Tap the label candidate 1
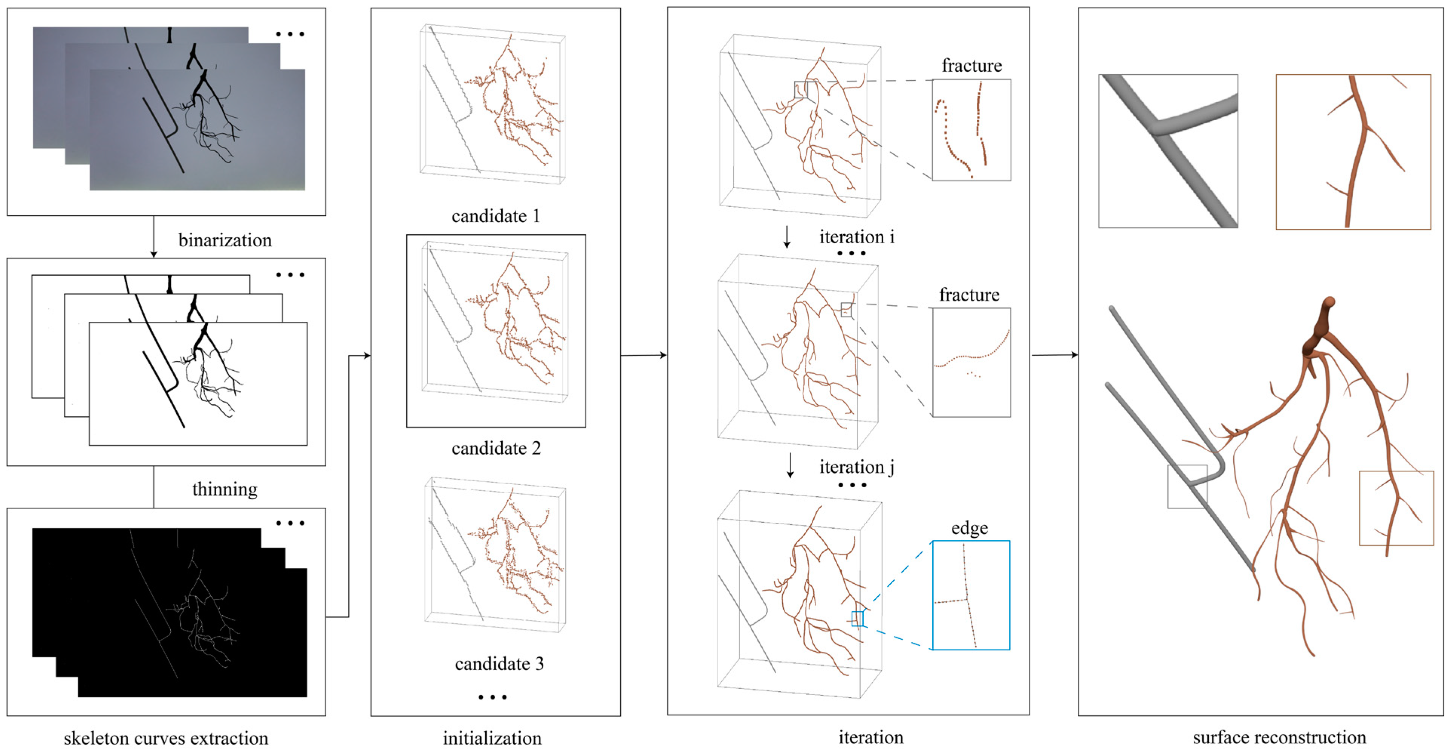[496, 216]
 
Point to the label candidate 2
[496, 448]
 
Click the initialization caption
[492, 738]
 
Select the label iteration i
[856, 237]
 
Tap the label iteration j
[856, 467]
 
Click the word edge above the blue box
[969, 528]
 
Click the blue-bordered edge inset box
[971, 595]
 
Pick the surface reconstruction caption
[1279, 737]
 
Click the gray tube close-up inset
[1168, 151]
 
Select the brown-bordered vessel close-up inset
[1353, 152]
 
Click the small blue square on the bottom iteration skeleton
[857, 619]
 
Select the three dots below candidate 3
[493, 697]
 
